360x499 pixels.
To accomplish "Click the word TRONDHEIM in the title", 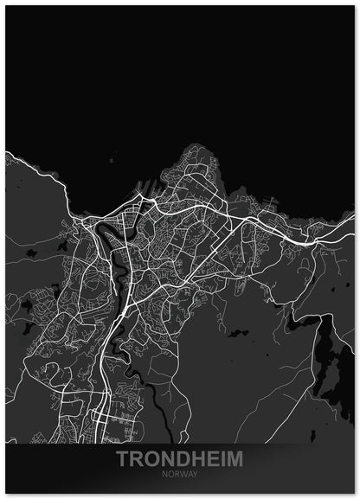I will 180,458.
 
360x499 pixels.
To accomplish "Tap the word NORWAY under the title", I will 180,474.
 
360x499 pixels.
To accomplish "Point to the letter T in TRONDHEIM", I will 123,458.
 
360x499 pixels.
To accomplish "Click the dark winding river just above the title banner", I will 156,406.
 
